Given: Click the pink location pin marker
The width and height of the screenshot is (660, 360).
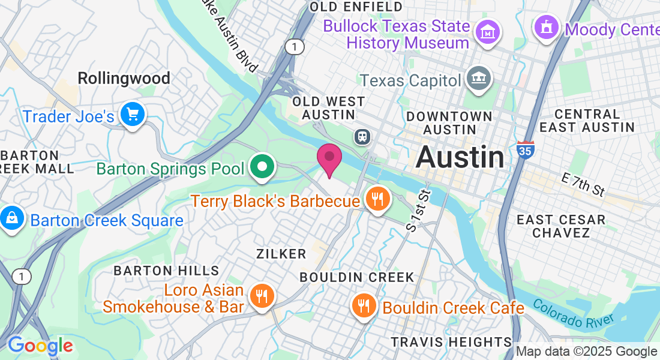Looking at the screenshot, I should point(329,158).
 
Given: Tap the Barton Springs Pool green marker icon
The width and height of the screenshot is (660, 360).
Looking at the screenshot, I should point(262,167).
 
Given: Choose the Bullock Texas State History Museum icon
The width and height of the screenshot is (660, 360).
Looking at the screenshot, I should point(488,31).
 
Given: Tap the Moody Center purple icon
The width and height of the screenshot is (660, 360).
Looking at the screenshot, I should point(547,28).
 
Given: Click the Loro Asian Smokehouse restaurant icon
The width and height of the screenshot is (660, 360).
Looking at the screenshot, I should point(262,296).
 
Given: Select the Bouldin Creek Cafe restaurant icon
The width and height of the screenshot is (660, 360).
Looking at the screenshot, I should point(364,305).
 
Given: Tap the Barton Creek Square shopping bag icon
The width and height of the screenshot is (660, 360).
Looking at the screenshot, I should point(12,218).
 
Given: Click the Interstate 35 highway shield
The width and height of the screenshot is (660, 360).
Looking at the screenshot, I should point(524,150).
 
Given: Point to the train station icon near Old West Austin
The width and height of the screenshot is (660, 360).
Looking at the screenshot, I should point(362,136).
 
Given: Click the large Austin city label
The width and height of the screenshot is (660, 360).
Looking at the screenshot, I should point(460,157).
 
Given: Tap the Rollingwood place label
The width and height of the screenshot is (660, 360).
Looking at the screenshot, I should point(124,78).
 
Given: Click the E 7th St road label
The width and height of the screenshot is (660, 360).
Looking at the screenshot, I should point(583,185).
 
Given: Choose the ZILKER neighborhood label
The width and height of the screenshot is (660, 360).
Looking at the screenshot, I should point(281,254).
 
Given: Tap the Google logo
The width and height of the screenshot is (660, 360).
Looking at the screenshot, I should point(40,346).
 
